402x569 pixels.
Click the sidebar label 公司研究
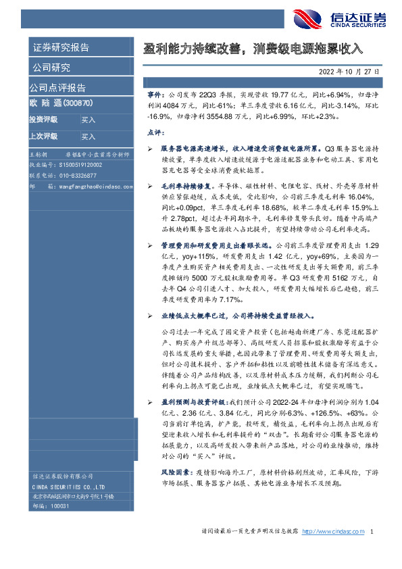coord(50,68)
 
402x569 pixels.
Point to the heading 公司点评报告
coord(57,87)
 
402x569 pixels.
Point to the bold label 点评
coord(155,132)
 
